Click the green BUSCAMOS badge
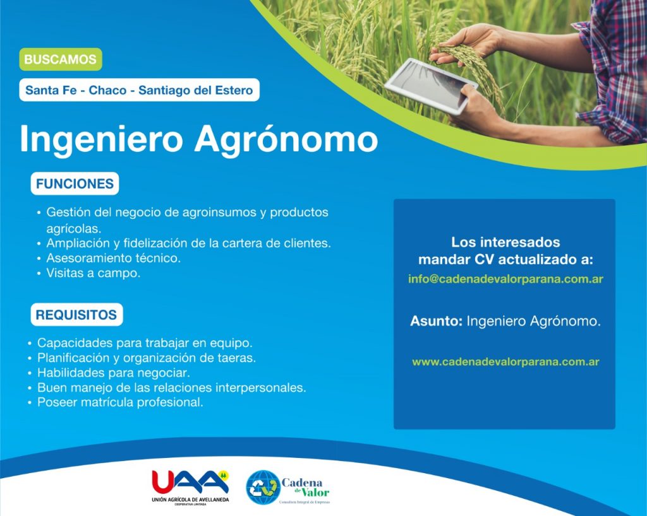(60, 59)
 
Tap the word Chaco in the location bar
(107, 90)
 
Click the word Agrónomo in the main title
(286, 140)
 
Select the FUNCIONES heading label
(75, 184)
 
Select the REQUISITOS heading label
(76, 315)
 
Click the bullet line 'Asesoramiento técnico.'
(114, 258)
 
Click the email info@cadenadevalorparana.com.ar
(505, 279)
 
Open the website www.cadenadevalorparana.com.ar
(505, 362)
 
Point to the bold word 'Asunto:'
(436, 321)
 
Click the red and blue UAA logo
(190, 482)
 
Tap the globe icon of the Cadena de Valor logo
(263, 488)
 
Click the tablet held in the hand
(431, 86)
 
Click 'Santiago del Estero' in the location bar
(196, 90)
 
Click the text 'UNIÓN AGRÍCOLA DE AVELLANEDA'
(190, 500)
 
